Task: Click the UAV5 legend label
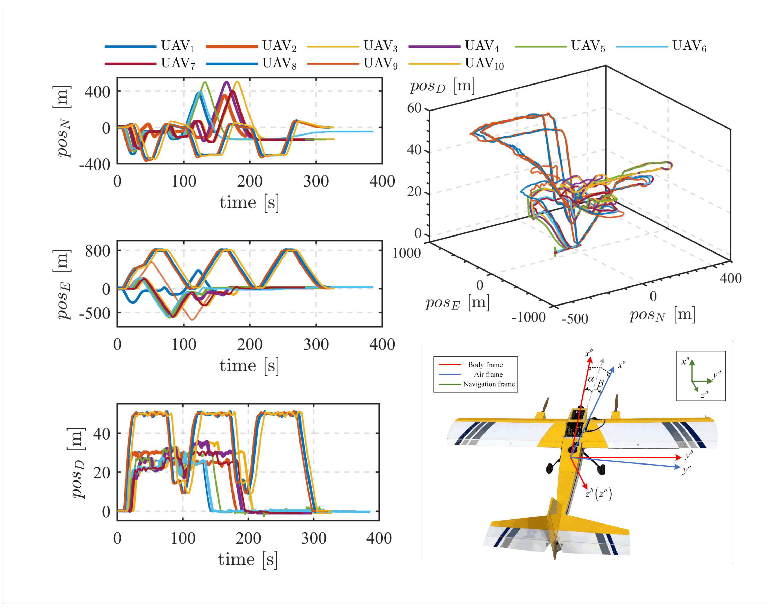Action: tap(588, 46)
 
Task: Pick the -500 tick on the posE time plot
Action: tap(95, 314)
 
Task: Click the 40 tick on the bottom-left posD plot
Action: tap(102, 434)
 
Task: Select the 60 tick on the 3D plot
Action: tap(414, 108)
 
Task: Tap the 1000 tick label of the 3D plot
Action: tap(406, 253)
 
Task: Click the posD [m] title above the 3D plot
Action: tap(442, 86)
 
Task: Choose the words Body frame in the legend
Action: tap(485, 365)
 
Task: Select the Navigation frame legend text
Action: tap(489, 384)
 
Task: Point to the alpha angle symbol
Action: tap(590, 379)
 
